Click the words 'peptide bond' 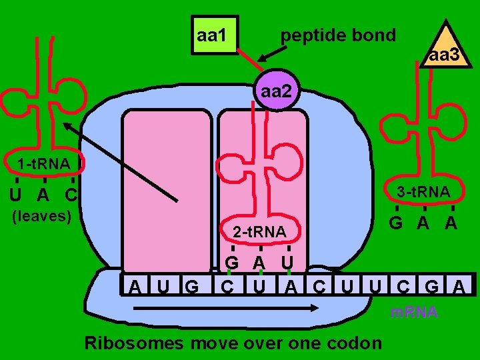(339, 35)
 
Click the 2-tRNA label (259, 232)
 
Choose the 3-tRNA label (423, 193)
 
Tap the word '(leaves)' (43, 216)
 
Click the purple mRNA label (414, 312)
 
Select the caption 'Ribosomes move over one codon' (233, 343)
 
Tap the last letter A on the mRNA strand (459, 287)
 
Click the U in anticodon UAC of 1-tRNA (16, 195)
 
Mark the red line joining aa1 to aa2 (250, 58)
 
